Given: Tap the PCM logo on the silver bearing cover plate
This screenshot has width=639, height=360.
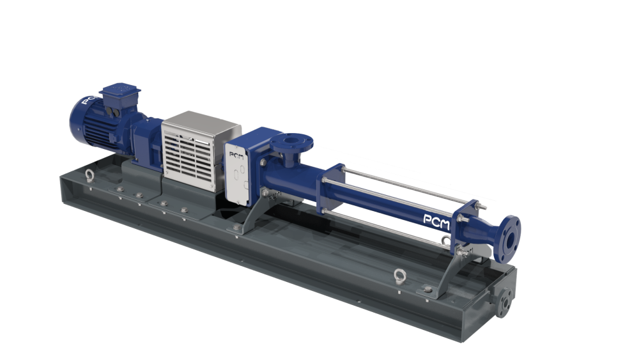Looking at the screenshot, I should [x=234, y=156].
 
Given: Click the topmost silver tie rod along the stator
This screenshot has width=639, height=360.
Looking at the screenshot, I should [x=409, y=182].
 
